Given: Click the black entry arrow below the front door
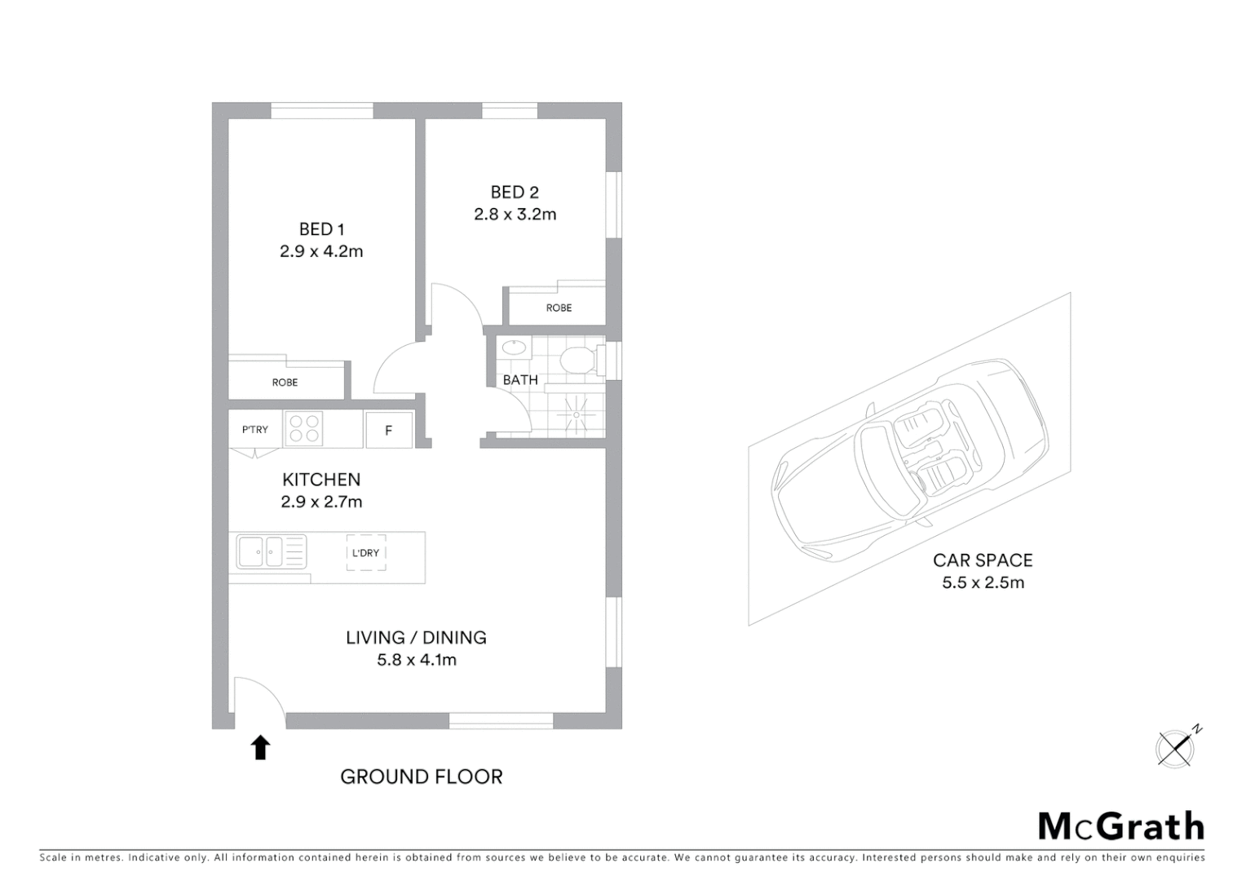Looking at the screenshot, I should pyautogui.click(x=260, y=747).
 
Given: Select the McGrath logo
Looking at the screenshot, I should pyautogui.click(x=1120, y=826).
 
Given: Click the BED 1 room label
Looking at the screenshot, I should pyautogui.click(x=321, y=229).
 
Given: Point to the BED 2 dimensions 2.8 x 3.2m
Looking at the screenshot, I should pyautogui.click(x=515, y=215).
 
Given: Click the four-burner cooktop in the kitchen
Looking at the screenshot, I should pyautogui.click(x=303, y=429).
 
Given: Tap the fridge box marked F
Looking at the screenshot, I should pyautogui.click(x=388, y=430).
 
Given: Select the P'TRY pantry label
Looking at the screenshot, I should pyautogui.click(x=254, y=430).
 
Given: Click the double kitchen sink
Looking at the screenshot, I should pyautogui.click(x=260, y=551).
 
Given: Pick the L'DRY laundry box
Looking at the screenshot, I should pyautogui.click(x=365, y=552).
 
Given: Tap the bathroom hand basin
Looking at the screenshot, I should pyautogui.click(x=514, y=348).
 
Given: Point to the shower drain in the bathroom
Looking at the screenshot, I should pyautogui.click(x=577, y=414).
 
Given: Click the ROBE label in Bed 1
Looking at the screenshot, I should pyautogui.click(x=285, y=383).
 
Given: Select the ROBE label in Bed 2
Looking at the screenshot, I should pyautogui.click(x=559, y=308).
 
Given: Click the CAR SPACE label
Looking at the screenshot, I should pyautogui.click(x=983, y=560).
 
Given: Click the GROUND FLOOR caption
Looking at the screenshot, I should pyautogui.click(x=421, y=777).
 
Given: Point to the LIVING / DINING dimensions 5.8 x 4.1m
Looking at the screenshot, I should pyautogui.click(x=416, y=660).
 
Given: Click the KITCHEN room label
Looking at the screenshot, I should pyautogui.click(x=321, y=480).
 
